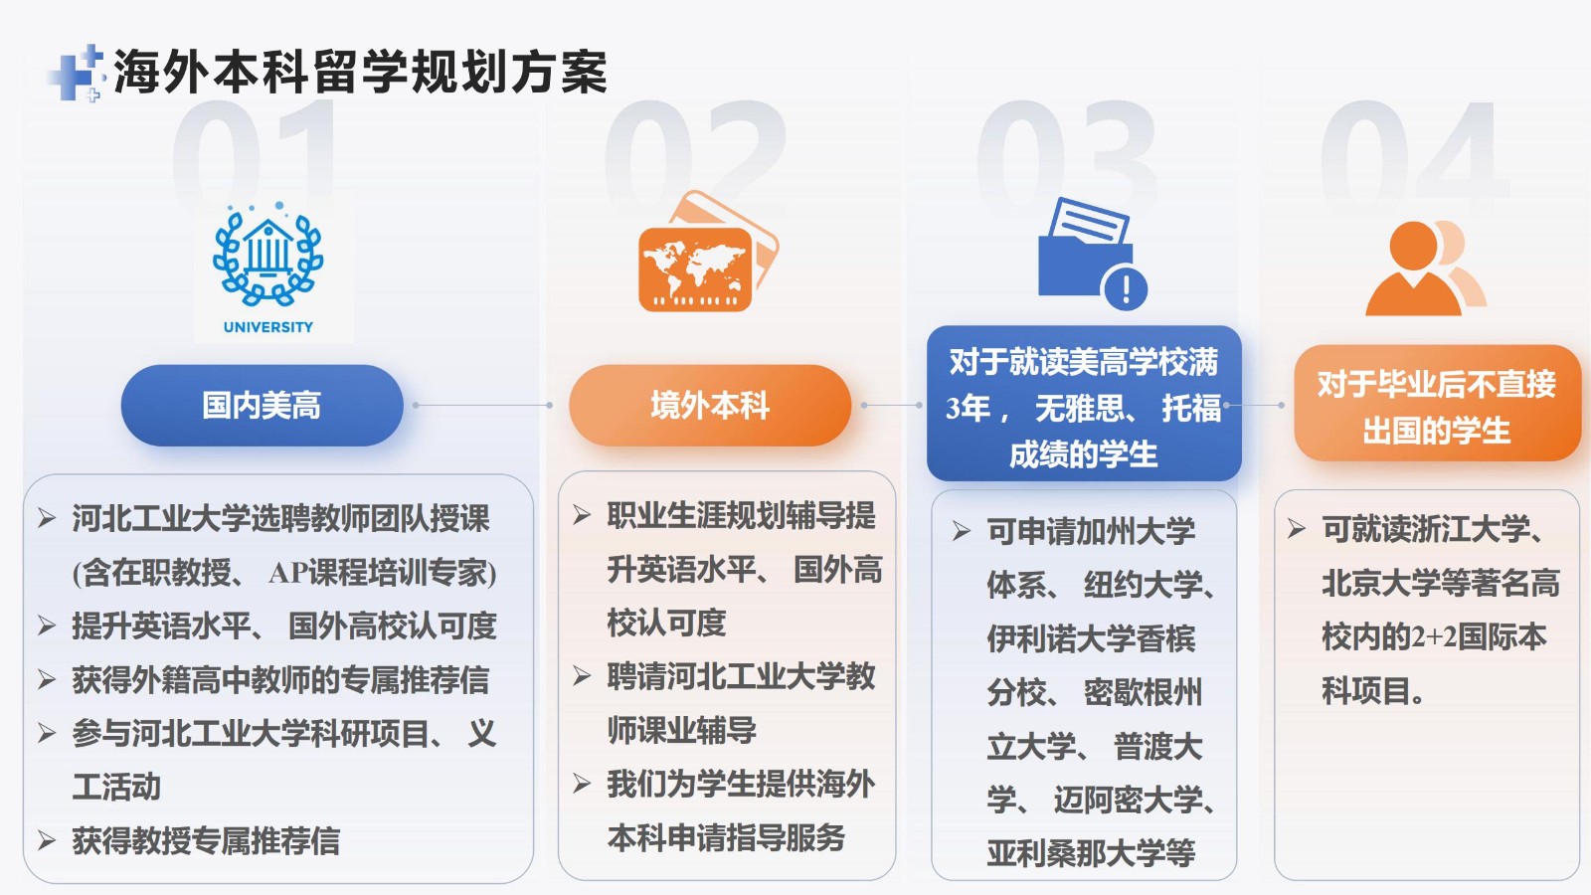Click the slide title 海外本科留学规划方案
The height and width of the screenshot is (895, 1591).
[x=360, y=73]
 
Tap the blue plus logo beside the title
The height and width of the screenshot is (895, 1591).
[x=77, y=74]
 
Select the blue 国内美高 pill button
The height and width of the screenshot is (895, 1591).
[x=263, y=406]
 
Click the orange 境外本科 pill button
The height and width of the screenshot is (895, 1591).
[x=710, y=406]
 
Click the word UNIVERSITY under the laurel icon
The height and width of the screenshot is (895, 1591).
[x=267, y=327]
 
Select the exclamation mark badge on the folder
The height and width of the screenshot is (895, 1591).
[x=1125, y=289]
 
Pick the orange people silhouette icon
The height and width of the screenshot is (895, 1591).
[x=1425, y=268]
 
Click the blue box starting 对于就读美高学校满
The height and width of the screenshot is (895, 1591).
[x=1084, y=404]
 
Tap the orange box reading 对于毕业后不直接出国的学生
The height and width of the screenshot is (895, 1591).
[x=1437, y=404]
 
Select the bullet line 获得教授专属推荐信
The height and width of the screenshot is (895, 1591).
[x=206, y=841]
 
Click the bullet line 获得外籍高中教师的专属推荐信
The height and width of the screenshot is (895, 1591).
[x=280, y=680]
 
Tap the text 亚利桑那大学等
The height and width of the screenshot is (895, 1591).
[x=1091, y=853]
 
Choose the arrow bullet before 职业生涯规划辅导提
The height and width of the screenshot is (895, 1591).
[x=582, y=515]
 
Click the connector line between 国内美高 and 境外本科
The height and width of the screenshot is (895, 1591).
[x=482, y=406]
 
